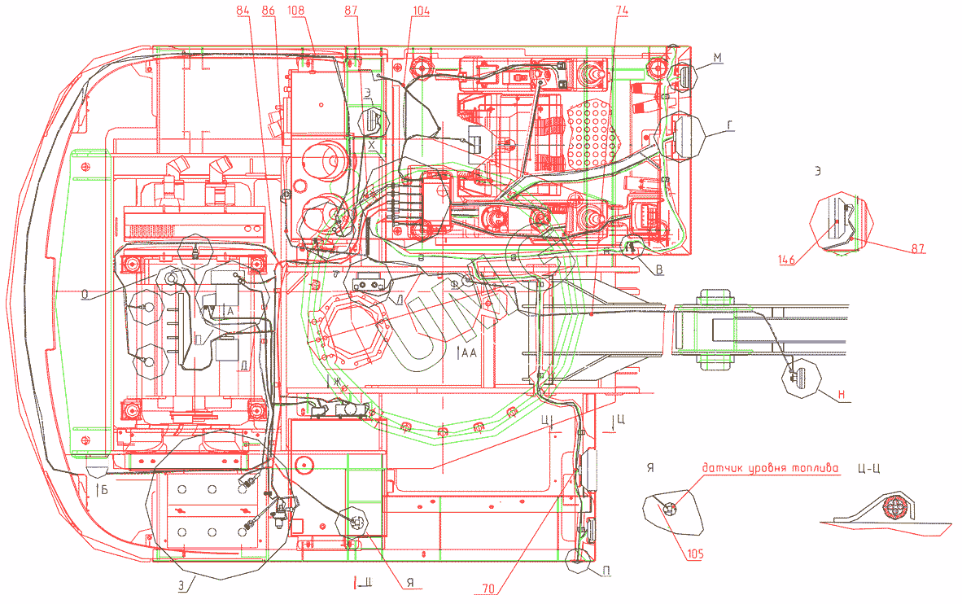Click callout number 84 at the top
242,10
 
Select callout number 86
269,10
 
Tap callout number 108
297,10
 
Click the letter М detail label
718,55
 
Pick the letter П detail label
606,571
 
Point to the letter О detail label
85,296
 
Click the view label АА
468,353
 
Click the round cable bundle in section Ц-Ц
896,507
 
